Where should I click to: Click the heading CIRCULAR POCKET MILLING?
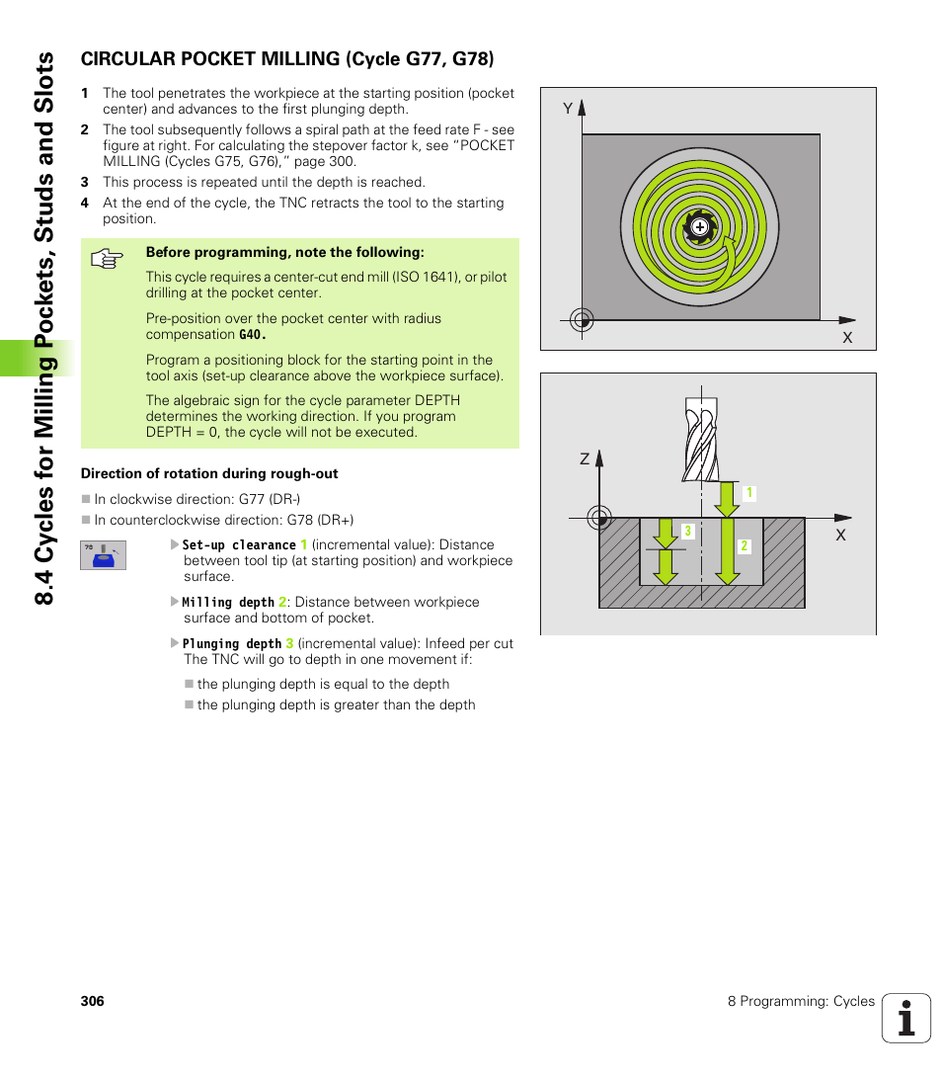click(286, 59)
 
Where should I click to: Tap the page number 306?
click(92, 1001)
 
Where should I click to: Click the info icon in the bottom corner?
click(906, 1018)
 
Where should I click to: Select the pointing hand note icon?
click(106, 260)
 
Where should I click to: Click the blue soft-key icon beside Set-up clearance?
click(103, 555)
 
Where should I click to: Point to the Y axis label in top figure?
click(568, 109)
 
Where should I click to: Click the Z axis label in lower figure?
click(585, 459)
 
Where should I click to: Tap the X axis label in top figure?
click(846, 338)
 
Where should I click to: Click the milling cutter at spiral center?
click(700, 227)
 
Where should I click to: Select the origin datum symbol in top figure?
click(582, 319)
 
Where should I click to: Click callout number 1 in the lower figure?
click(749, 493)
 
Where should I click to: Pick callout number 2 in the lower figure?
click(745, 546)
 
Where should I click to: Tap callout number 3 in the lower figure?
click(687, 532)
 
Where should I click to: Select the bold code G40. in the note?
click(253, 335)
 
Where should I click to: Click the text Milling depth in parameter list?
click(228, 602)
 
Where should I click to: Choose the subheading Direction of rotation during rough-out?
click(209, 473)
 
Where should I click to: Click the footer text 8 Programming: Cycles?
click(801, 1001)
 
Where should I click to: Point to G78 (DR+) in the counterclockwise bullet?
click(320, 520)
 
